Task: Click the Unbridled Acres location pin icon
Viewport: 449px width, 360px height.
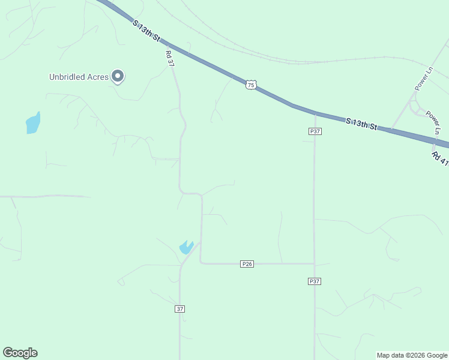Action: pyautogui.click(x=118, y=76)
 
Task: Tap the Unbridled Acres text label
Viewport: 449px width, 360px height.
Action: pyautogui.click(x=79, y=77)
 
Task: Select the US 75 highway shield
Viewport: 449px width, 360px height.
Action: pyautogui.click(x=251, y=85)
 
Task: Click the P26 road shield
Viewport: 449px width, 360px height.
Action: pyautogui.click(x=247, y=264)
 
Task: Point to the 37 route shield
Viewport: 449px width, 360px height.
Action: pyautogui.click(x=180, y=309)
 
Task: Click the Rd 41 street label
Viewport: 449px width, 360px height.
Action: pyautogui.click(x=440, y=158)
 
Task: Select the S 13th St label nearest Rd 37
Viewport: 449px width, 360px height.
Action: pyautogui.click(x=147, y=30)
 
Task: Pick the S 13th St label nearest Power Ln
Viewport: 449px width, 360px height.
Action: pyautogui.click(x=361, y=124)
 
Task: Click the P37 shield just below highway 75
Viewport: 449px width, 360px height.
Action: pyautogui.click(x=315, y=131)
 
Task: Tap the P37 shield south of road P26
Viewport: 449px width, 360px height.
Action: pyautogui.click(x=315, y=281)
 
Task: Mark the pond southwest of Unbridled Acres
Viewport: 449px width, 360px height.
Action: pyautogui.click(x=33, y=123)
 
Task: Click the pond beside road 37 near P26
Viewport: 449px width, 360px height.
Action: pyautogui.click(x=186, y=247)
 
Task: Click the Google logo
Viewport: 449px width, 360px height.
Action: pyautogui.click(x=20, y=353)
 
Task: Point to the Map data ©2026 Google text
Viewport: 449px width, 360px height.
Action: pyautogui.click(x=412, y=355)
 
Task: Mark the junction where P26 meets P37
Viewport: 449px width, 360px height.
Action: pyautogui.click(x=315, y=263)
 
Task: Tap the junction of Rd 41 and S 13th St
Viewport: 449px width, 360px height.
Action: pyautogui.click(x=434, y=142)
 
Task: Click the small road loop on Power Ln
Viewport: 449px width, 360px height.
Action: pyautogui.click(x=414, y=107)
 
